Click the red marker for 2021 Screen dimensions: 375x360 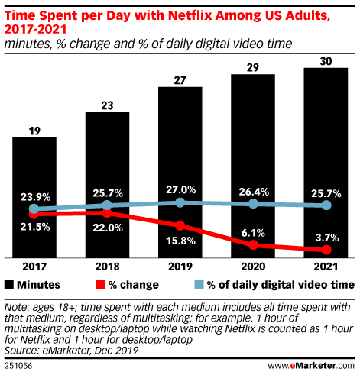point(326,251)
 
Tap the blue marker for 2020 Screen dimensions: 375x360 point(253,204)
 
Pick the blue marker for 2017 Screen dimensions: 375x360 point(34,209)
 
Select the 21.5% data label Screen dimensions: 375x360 point(34,228)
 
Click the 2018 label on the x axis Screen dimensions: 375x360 point(107,268)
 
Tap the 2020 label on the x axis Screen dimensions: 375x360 point(253,268)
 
